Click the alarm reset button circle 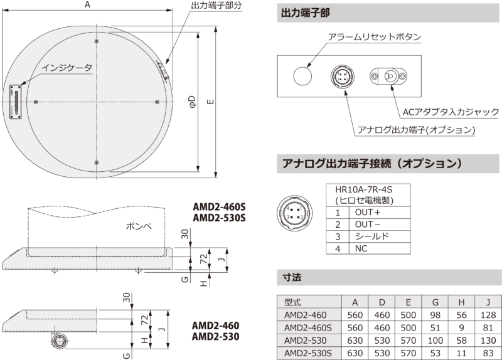pyautogui.click(x=302, y=76)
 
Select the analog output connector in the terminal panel pyautogui.click(x=342, y=76)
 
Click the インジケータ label pyautogui.click(x=67, y=68)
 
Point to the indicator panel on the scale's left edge pyautogui.click(x=15, y=102)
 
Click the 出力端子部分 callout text pyautogui.click(x=216, y=5)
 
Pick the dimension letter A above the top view pyautogui.click(x=87, y=4)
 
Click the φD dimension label pyautogui.click(x=192, y=102)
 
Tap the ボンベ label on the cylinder pyautogui.click(x=138, y=226)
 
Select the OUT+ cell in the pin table pyautogui.click(x=368, y=212)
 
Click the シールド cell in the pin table pyautogui.click(x=371, y=236)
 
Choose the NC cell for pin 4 pyautogui.click(x=361, y=248)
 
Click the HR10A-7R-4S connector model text pyautogui.click(x=364, y=189)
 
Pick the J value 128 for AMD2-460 pyautogui.click(x=488, y=315)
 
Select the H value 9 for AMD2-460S pyautogui.click(x=461, y=327)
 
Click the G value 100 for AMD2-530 pyautogui.click(x=435, y=341)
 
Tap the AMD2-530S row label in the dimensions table pyautogui.click(x=308, y=353)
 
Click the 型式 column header pyautogui.click(x=292, y=302)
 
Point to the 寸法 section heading pyautogui.click(x=292, y=277)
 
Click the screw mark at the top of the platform pyautogui.click(x=97, y=41)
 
